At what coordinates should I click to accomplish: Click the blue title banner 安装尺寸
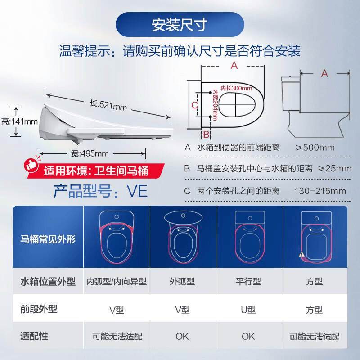click(x=180, y=25)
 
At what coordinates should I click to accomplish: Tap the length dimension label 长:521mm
click(x=108, y=106)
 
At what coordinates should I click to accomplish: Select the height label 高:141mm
click(x=19, y=121)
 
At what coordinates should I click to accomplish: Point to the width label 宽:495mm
click(x=90, y=153)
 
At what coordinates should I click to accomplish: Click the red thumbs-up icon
click(x=31, y=164)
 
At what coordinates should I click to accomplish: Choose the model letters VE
click(x=137, y=191)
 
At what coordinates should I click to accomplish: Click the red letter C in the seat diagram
click(x=195, y=105)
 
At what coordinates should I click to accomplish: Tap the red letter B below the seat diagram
click(x=206, y=134)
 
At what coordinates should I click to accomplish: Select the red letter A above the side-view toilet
click(x=324, y=73)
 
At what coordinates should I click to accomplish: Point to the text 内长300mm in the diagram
click(x=236, y=88)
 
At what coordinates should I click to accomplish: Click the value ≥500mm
click(x=315, y=148)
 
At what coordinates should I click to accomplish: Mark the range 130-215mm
click(x=320, y=191)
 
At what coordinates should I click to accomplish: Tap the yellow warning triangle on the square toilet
click(x=301, y=254)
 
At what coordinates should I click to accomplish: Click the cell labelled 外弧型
click(x=182, y=282)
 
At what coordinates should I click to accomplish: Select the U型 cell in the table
click(x=248, y=310)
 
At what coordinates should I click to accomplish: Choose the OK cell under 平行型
click(x=248, y=337)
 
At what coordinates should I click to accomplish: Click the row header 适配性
click(x=34, y=336)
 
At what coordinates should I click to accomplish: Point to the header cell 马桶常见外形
click(x=48, y=239)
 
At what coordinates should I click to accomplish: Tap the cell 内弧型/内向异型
click(x=117, y=282)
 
